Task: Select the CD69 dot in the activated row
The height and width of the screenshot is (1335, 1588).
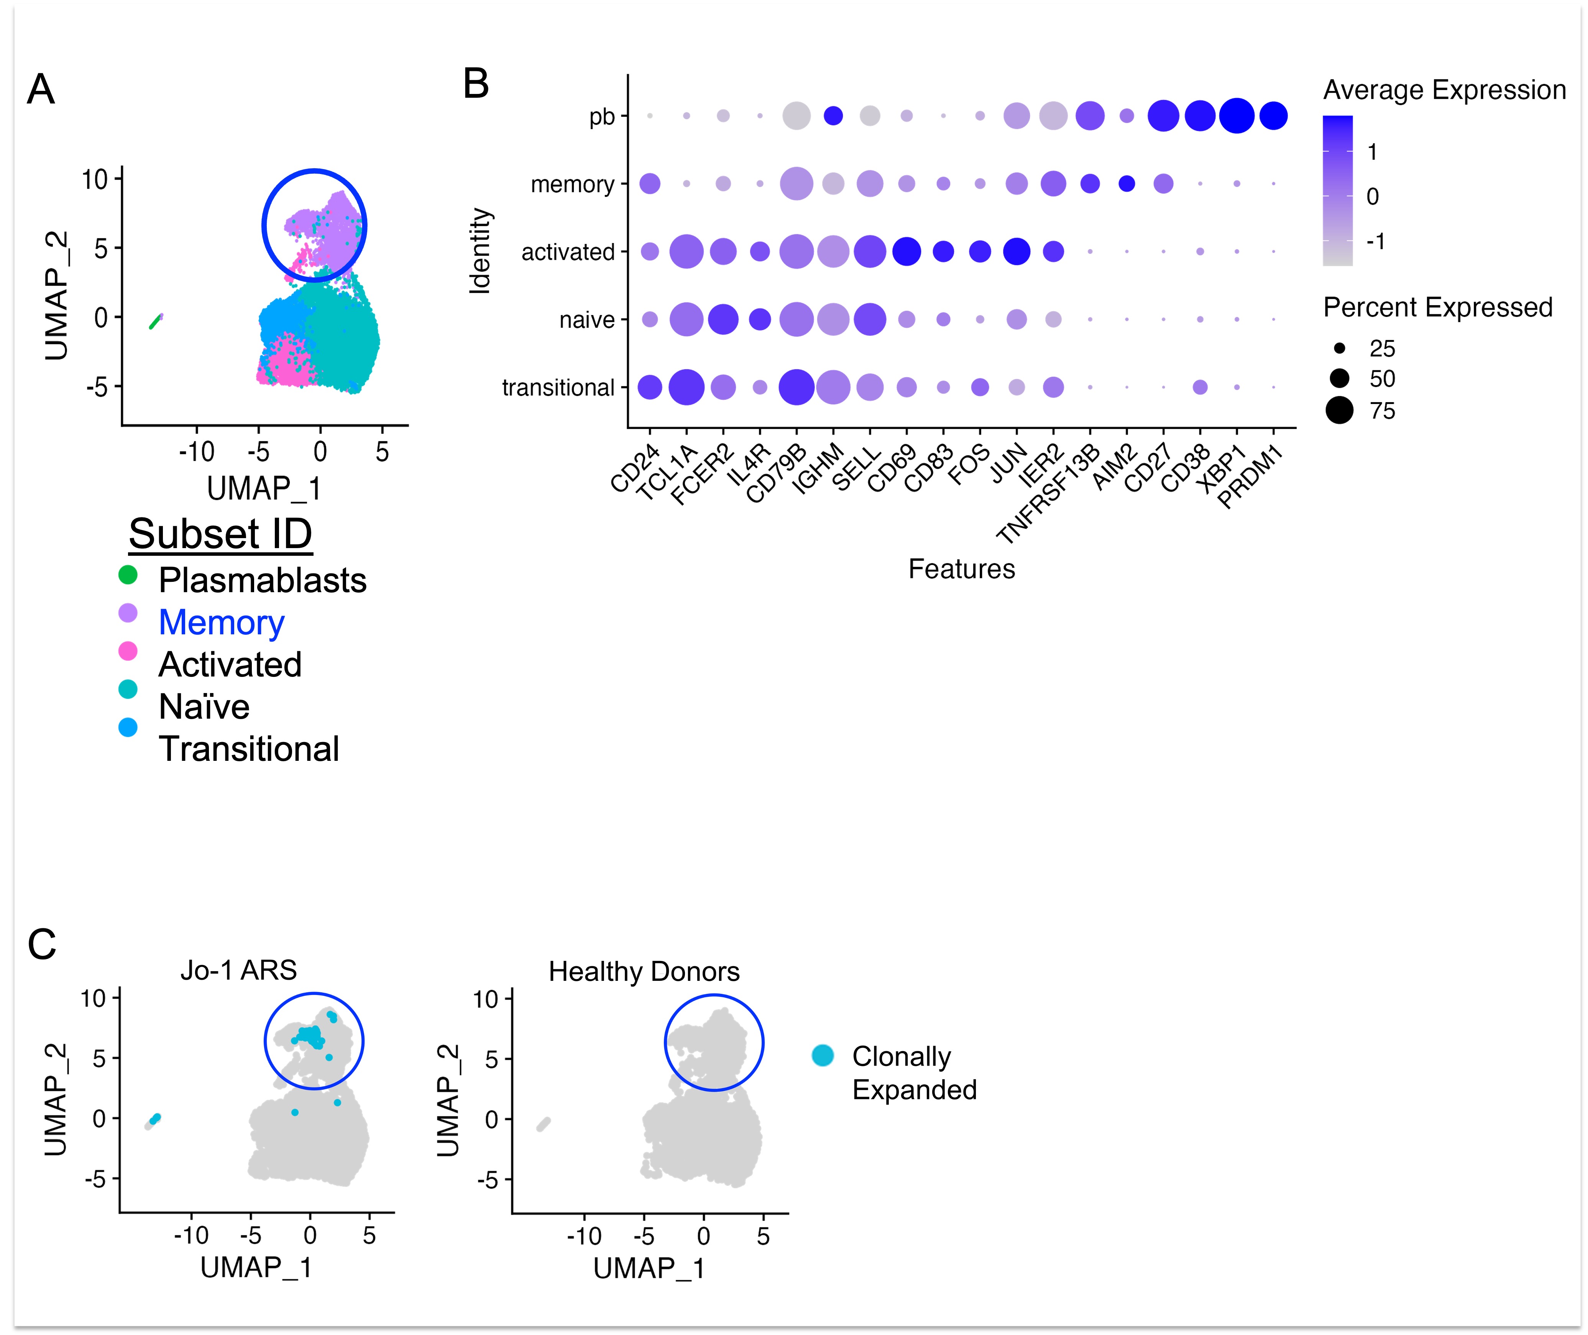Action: pyautogui.click(x=906, y=251)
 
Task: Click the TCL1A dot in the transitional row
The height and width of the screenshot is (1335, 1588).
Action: pyautogui.click(x=686, y=388)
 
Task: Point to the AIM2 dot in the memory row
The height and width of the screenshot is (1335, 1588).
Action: pyautogui.click(x=1126, y=183)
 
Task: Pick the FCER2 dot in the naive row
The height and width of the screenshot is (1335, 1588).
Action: pyautogui.click(x=723, y=319)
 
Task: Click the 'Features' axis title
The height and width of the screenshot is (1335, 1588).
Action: pyautogui.click(x=961, y=568)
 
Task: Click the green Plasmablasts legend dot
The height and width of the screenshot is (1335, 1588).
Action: pyautogui.click(x=128, y=575)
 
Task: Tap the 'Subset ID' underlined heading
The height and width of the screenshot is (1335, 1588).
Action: pyautogui.click(x=220, y=534)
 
